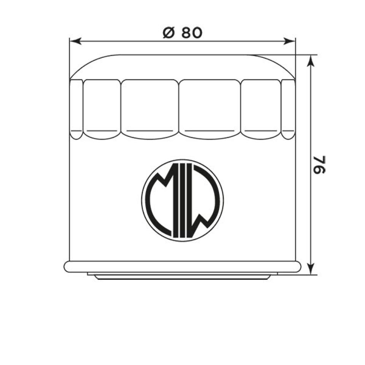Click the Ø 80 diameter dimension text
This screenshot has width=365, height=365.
182,33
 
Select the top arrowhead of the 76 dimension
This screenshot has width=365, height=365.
312,58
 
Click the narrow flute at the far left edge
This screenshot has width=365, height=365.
76,108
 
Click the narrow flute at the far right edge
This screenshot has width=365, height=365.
288,108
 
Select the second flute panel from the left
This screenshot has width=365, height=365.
102,108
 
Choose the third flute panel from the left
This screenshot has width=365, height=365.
150,108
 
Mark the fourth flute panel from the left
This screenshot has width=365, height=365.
210,108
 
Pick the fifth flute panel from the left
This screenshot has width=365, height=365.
261,108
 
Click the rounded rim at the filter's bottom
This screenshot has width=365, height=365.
182,266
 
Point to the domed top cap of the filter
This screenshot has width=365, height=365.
182,67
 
